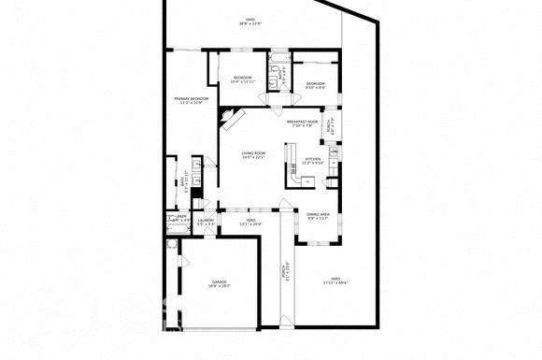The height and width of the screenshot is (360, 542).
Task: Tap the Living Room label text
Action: pos(253,155)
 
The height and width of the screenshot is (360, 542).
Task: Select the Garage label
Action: pos(219,282)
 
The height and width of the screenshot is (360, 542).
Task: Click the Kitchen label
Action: pos(313,161)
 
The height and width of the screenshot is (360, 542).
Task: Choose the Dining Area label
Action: pos(318,216)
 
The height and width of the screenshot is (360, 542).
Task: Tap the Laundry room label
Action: pos(206,223)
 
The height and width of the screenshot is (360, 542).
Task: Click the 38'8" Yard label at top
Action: pos(250,21)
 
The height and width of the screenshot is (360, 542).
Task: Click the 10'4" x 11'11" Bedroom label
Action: pos(242,79)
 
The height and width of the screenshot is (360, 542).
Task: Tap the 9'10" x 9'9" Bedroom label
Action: pos(315,85)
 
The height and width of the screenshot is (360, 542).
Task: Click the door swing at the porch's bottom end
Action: pos(286,323)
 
